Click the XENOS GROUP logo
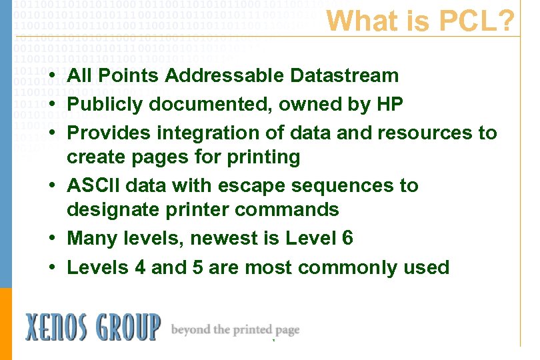click(x=93, y=327)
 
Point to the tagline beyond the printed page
click(x=235, y=329)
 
